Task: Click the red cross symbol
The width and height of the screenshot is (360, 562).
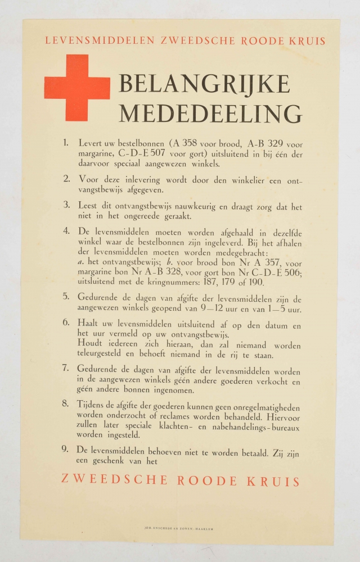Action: pyautogui.click(x=76, y=88)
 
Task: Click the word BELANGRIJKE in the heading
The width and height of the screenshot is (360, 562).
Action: pyautogui.click(x=204, y=84)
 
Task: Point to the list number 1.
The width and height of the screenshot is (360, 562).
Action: pyautogui.click(x=66, y=143)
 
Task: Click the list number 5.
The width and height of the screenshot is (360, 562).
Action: pyautogui.click(x=66, y=297)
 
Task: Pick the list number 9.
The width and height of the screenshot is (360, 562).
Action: pyautogui.click(x=66, y=450)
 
